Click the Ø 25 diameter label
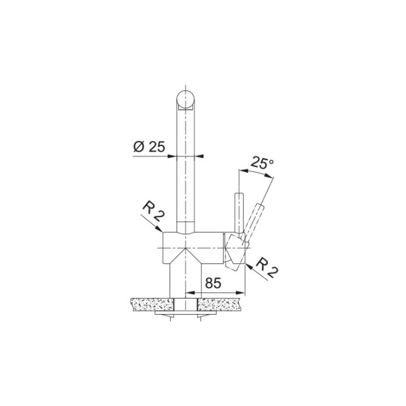(149, 148)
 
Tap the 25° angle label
(262, 164)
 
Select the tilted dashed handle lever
(254, 217)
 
